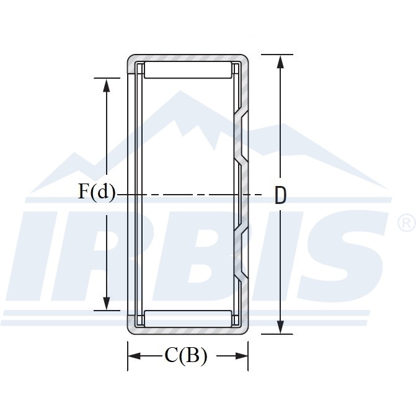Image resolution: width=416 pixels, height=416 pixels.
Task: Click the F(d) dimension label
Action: (x=97, y=192)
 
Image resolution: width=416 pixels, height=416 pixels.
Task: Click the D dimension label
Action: (x=280, y=195)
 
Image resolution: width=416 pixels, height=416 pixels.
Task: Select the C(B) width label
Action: (x=186, y=355)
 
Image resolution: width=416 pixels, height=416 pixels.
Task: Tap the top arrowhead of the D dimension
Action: (x=280, y=61)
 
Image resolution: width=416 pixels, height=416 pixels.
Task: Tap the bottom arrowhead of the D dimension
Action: (x=280, y=327)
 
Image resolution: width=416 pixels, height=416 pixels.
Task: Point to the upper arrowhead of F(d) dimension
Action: (x=107, y=85)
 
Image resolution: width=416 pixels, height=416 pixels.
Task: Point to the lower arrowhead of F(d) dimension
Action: (x=107, y=303)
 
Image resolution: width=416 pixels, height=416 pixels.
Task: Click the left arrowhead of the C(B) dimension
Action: (x=135, y=356)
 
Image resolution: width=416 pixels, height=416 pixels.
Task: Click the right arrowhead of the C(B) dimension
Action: (x=241, y=356)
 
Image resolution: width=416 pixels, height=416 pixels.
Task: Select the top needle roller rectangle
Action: (x=188, y=70)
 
